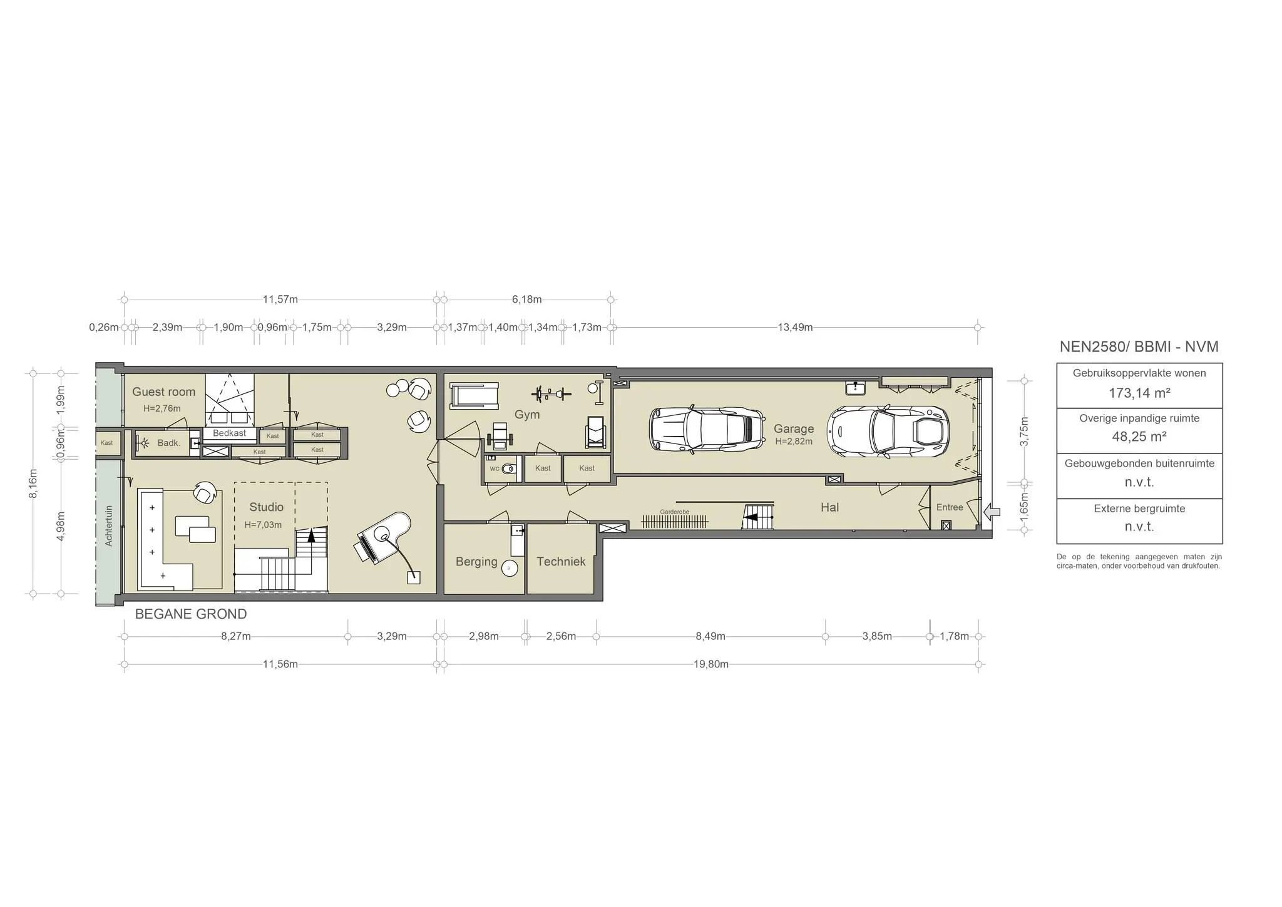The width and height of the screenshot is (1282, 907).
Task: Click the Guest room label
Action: click(x=163, y=392)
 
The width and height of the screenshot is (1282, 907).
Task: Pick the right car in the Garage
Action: click(x=888, y=431)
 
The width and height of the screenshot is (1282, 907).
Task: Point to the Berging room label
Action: click(x=476, y=562)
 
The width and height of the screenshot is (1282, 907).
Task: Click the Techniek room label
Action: click(x=561, y=562)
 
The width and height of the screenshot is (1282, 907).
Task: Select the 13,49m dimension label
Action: click(x=795, y=327)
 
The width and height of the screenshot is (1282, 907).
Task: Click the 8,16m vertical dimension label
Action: click(x=34, y=484)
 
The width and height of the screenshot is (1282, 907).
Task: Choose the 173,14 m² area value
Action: click(x=1139, y=393)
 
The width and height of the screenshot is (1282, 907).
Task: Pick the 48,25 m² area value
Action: click(x=1139, y=437)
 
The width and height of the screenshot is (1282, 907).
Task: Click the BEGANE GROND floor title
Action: click(x=191, y=614)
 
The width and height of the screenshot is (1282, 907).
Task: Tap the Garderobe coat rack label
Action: click(x=674, y=512)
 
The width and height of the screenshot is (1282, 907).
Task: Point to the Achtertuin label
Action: click(x=109, y=525)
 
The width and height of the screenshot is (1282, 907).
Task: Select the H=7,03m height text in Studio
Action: click(x=263, y=525)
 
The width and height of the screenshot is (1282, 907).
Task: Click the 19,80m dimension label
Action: click(x=710, y=664)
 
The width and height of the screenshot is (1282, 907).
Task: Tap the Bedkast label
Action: click(x=229, y=433)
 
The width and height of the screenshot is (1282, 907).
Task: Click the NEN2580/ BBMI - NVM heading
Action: click(x=1139, y=347)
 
